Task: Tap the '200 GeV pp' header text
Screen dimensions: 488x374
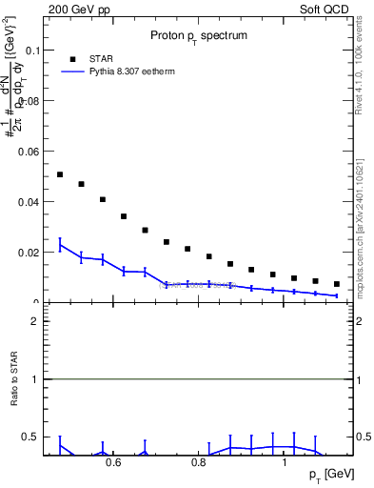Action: [x=74, y=8]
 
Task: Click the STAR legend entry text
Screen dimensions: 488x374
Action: [x=102, y=57]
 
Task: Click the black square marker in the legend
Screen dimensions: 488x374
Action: [x=70, y=57]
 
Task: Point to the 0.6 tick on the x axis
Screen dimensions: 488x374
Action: [x=113, y=465]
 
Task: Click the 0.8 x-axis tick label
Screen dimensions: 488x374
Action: [x=199, y=465]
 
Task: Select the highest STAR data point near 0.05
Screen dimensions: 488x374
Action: [x=60, y=174]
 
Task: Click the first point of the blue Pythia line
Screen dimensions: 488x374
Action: [x=60, y=245]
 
